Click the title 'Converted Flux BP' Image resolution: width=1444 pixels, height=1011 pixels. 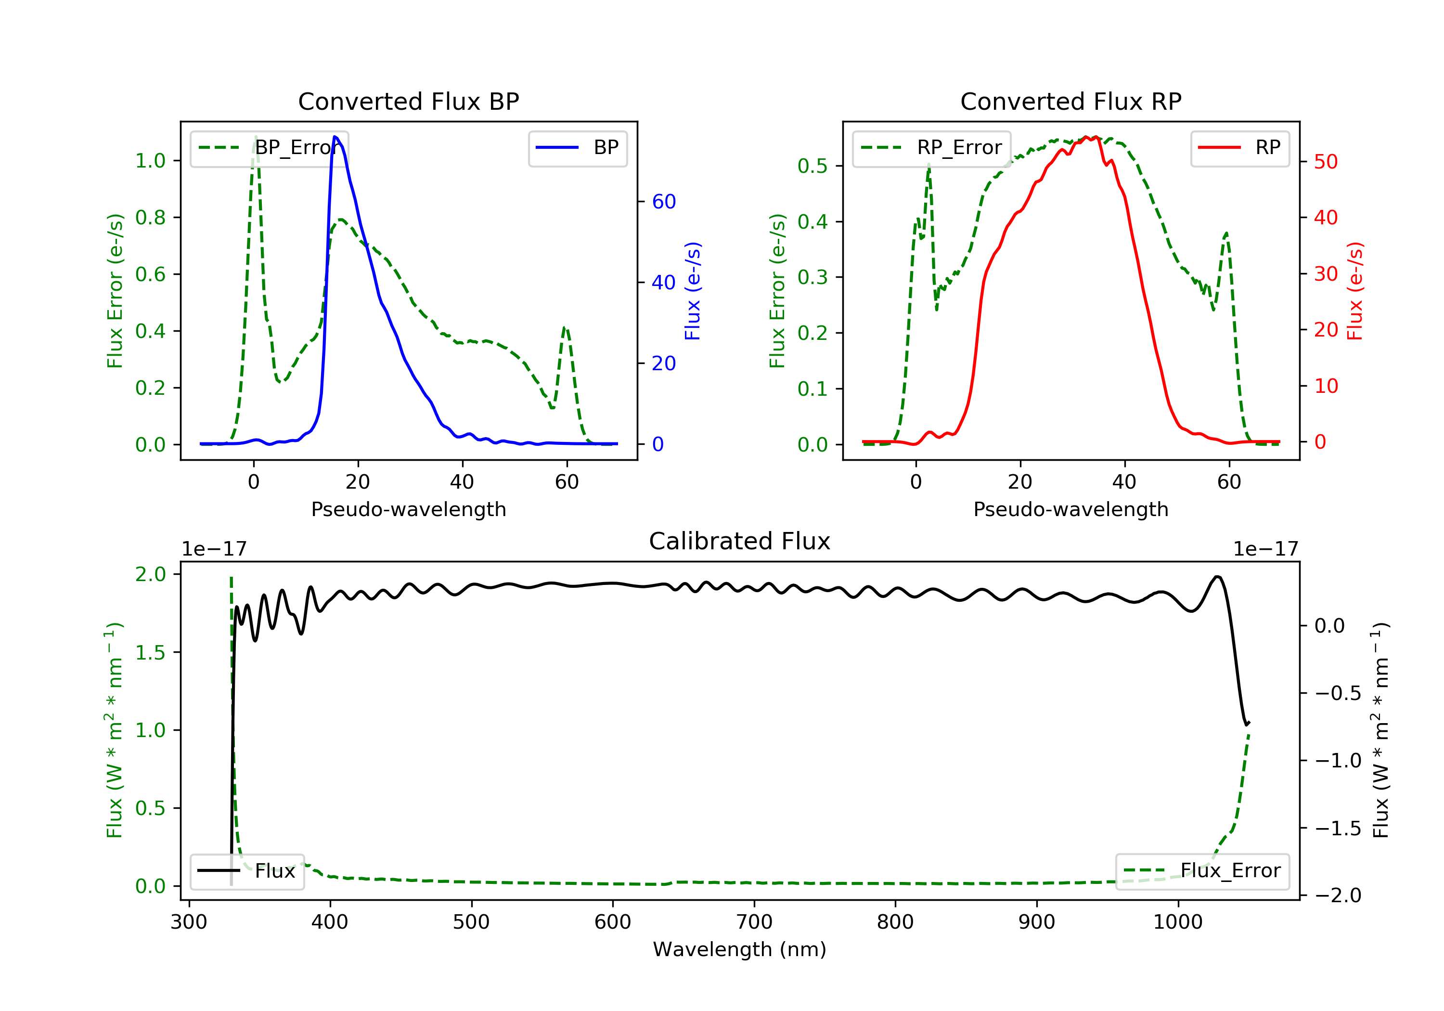408,101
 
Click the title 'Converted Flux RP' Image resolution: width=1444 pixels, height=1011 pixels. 1070,101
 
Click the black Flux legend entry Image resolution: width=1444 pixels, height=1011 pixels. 247,871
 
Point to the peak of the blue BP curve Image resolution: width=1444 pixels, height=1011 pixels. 335,137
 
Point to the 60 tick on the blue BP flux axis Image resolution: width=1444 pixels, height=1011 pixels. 663,201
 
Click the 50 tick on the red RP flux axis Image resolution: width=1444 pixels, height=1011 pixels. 1326,162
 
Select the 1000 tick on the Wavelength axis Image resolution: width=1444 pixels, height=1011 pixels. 1177,922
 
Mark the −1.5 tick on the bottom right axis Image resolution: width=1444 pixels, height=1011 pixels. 1337,828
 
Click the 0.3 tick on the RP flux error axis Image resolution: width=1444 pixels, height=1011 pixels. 812,277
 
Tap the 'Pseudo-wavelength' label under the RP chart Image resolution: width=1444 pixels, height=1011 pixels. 1070,509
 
